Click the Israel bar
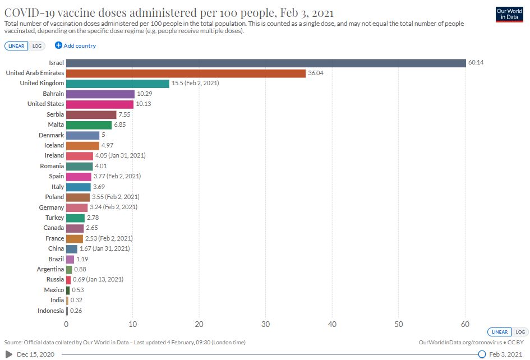click(266, 63)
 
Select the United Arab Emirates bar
click(186, 73)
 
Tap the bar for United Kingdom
click(117, 84)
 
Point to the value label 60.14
click(476, 63)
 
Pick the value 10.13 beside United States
click(144, 104)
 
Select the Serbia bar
click(91, 114)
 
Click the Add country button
click(75, 45)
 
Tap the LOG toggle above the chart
click(34, 46)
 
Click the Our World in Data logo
click(509, 15)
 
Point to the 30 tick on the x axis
click(266, 324)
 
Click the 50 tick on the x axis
click(399, 324)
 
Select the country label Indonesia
click(50, 311)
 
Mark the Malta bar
click(89, 124)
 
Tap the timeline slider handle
click(482, 354)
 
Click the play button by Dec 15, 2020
click(8, 354)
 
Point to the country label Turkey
click(55, 218)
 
